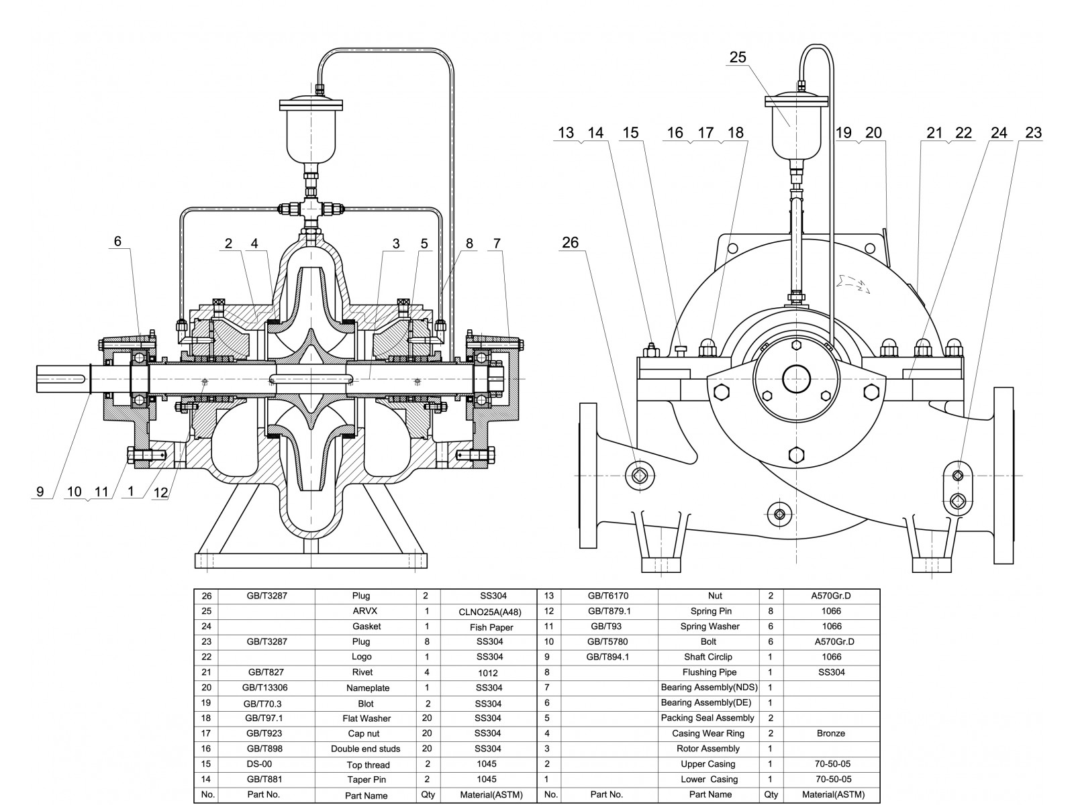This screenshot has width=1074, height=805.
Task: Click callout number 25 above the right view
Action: pyautogui.click(x=737, y=58)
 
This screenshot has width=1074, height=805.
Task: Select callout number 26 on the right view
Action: pyautogui.click(x=570, y=243)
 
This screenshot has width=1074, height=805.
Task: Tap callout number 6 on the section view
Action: pyautogui.click(x=117, y=241)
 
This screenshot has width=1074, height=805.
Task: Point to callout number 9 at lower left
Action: pyautogui.click(x=40, y=492)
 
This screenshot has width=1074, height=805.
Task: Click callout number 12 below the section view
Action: pyautogui.click(x=160, y=492)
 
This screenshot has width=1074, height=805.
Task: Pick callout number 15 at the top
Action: pyautogui.click(x=630, y=133)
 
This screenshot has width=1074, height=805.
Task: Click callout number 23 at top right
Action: pyautogui.click(x=1034, y=133)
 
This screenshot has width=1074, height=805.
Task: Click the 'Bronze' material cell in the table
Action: pyautogui.click(x=830, y=733)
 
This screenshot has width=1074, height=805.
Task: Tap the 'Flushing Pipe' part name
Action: pyautogui.click(x=710, y=672)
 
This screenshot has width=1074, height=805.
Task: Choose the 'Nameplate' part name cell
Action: pyautogui.click(x=367, y=688)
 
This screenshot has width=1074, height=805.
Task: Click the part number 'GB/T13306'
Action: pyautogui.click(x=266, y=688)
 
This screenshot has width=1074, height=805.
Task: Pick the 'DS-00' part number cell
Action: pyautogui.click(x=259, y=764)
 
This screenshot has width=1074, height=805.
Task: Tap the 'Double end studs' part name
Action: pyautogui.click(x=365, y=749)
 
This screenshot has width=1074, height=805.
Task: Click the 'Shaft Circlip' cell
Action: pyautogui.click(x=708, y=657)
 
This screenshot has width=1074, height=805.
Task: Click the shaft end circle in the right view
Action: pyautogui.click(x=797, y=378)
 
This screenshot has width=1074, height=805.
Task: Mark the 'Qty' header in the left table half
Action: pyautogui.click(x=428, y=794)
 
